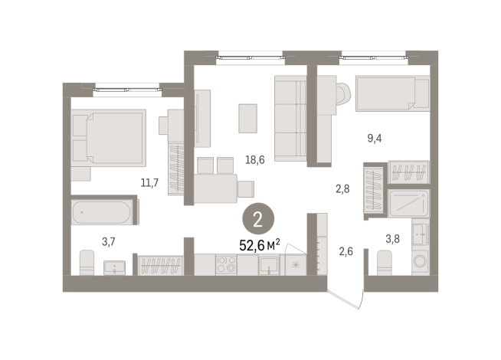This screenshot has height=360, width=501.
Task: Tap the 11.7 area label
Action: click(149, 182)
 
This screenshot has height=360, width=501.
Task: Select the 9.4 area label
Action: click(375, 138)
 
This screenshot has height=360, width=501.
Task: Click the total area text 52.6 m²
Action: click(260, 244)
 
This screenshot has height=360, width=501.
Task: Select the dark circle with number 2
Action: click(257, 221)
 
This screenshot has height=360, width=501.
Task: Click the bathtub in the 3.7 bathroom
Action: click(104, 211)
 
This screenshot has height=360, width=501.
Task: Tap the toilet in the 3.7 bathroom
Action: click(86, 264)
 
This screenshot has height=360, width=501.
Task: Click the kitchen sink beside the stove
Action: click(269, 265)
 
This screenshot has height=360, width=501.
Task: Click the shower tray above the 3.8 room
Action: click(412, 203)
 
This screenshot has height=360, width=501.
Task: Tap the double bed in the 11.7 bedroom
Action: click(108, 137)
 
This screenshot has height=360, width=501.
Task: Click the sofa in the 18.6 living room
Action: click(290, 119)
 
